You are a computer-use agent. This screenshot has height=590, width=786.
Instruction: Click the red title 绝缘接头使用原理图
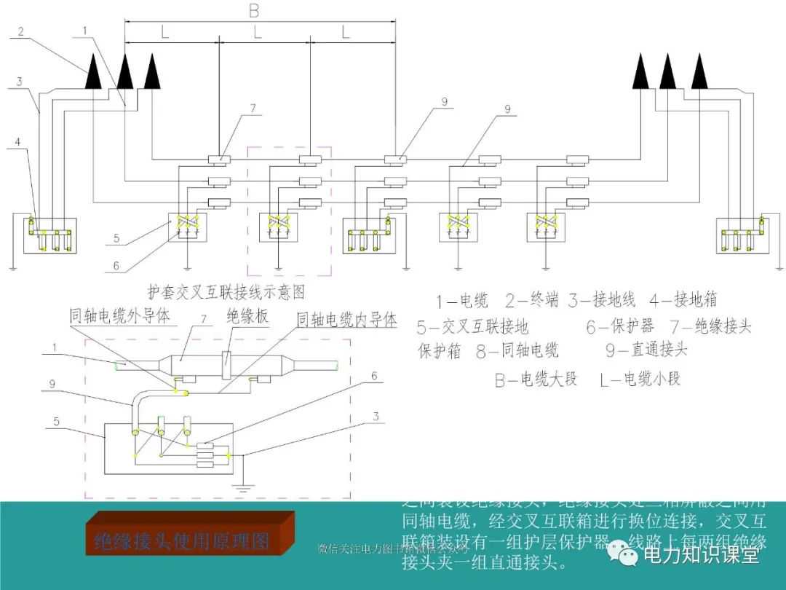pos(182,541)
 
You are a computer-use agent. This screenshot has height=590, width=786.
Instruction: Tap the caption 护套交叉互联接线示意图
pos(226,291)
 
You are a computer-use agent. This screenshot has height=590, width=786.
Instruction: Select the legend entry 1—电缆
pos(462,300)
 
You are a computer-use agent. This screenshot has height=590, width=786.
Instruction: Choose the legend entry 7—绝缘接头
pos(710,326)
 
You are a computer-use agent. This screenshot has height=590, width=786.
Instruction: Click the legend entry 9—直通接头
pos(646,350)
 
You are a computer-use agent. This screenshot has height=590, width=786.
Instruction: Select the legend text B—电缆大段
pos(536,379)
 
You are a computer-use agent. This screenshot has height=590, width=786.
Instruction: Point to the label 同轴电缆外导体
pos(119,315)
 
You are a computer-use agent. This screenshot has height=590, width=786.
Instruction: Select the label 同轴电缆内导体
pos(347,319)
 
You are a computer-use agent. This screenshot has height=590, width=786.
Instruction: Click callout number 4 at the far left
pos(17,142)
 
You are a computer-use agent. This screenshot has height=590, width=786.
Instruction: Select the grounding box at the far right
pos(743,235)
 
